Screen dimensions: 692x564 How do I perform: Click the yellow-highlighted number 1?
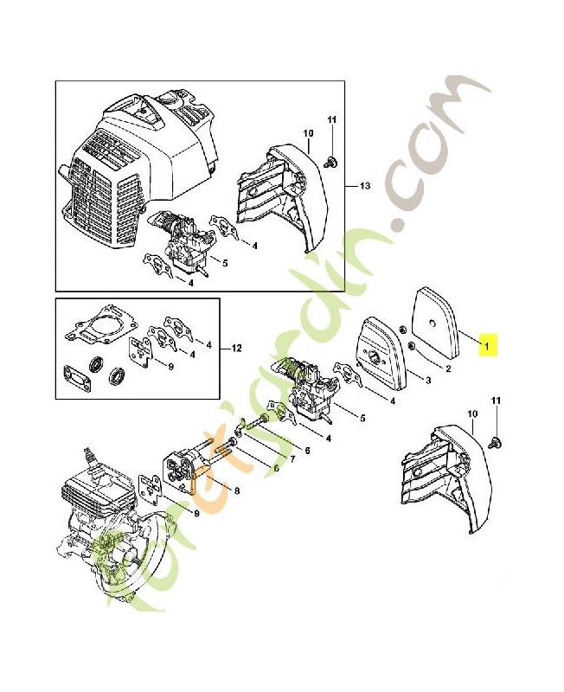[x=487, y=347]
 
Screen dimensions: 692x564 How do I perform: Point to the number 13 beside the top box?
[x=363, y=186]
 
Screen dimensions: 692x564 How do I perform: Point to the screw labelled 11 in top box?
[x=331, y=161]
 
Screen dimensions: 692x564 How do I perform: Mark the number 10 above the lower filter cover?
[x=472, y=415]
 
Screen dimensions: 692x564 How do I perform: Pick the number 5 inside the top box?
[x=225, y=262]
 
